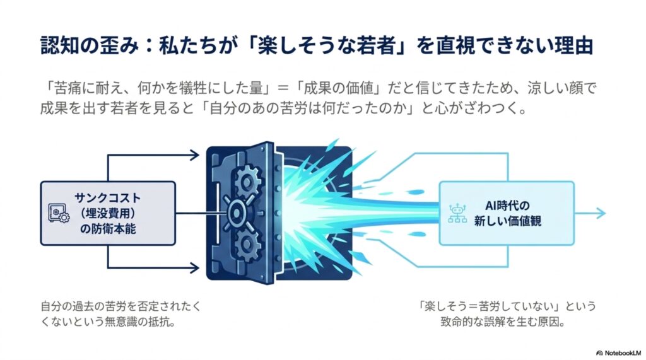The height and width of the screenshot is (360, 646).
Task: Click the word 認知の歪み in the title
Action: pyautogui.click(x=90, y=45)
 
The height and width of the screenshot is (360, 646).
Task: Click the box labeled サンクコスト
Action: pyautogui.click(x=108, y=213)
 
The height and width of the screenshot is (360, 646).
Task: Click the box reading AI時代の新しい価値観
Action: pyautogui.click(x=507, y=213)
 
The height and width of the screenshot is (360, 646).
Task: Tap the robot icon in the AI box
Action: pyautogui.click(x=457, y=213)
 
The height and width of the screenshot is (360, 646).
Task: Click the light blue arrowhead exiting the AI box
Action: pyautogui.click(x=601, y=213)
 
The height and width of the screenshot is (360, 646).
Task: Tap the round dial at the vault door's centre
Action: pyautogui.click(x=237, y=213)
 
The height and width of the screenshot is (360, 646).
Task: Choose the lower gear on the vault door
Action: pyautogui.click(x=247, y=244)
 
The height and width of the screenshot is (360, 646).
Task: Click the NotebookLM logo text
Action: pyautogui.click(x=623, y=353)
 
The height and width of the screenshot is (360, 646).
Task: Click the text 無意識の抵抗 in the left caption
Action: pyautogui.click(x=140, y=322)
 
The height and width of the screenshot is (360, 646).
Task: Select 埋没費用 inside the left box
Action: pyautogui.click(x=108, y=213)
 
